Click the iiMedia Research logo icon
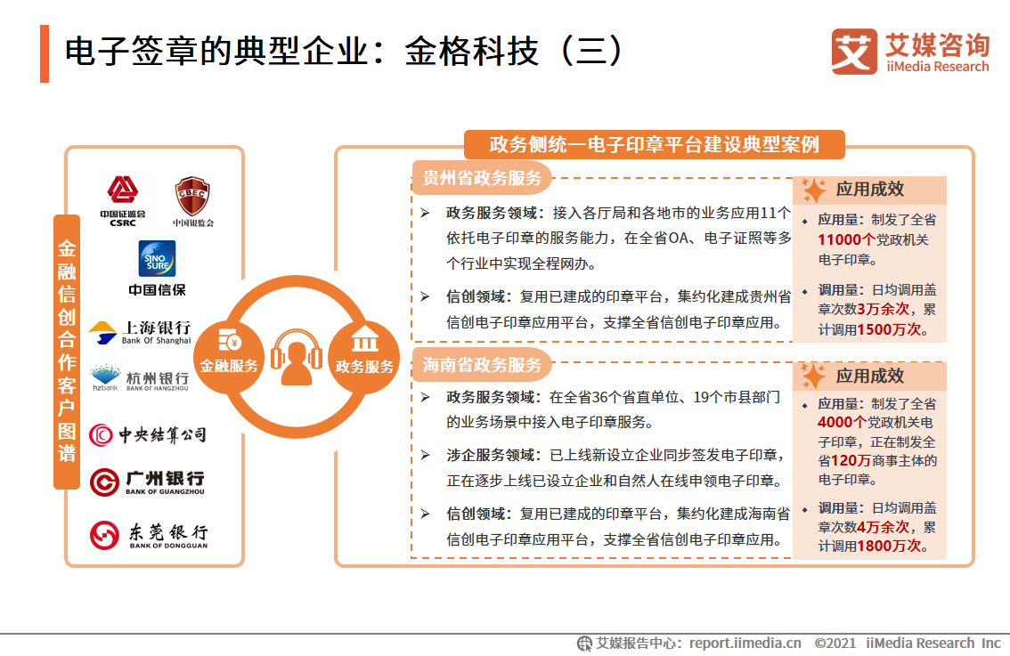853,52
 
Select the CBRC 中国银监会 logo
192,201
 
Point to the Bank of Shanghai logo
140,332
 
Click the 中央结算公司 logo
148,434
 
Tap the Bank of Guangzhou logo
148,482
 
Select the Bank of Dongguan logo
149,534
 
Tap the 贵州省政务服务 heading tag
482,177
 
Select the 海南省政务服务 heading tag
482,364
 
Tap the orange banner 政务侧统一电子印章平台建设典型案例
655,144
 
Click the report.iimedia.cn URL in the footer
745,643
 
